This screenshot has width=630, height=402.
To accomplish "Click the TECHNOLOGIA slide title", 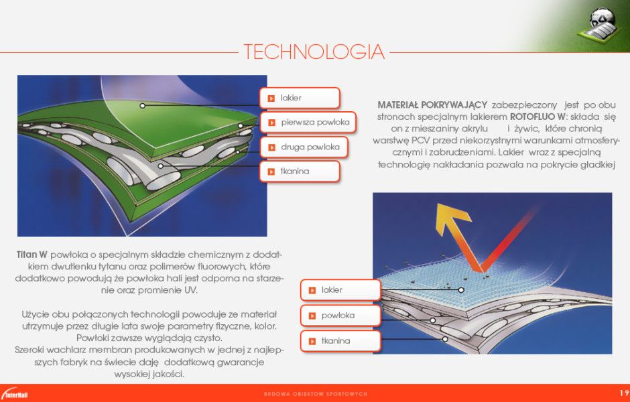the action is (x=314, y=52).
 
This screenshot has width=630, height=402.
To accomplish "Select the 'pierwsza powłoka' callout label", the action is (x=308, y=123).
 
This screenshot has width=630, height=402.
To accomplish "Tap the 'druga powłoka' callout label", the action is (x=304, y=147).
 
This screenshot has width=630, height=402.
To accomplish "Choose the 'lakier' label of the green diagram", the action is (x=300, y=98).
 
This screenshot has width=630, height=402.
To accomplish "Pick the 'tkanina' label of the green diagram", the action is (x=300, y=172).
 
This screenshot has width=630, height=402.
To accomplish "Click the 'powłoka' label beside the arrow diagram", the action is (x=340, y=316).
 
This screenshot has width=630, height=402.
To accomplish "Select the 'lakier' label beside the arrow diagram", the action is (x=340, y=290).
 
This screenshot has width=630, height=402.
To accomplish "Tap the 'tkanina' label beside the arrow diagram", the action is (x=340, y=341).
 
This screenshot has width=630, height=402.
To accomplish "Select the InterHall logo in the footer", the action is (x=15, y=393).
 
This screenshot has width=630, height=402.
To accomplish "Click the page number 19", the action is (x=624, y=393).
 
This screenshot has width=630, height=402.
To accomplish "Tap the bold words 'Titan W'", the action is (x=31, y=255).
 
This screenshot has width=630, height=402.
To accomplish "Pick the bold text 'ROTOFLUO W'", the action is (x=538, y=117).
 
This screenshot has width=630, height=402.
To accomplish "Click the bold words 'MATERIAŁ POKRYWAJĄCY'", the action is (x=432, y=105).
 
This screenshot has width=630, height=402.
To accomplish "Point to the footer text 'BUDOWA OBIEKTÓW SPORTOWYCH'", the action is (x=316, y=394).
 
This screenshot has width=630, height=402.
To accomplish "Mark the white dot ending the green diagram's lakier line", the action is (x=142, y=106).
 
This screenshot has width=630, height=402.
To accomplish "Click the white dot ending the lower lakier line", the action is (x=461, y=290).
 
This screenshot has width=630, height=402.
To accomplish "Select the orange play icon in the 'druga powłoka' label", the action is (x=271, y=147).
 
